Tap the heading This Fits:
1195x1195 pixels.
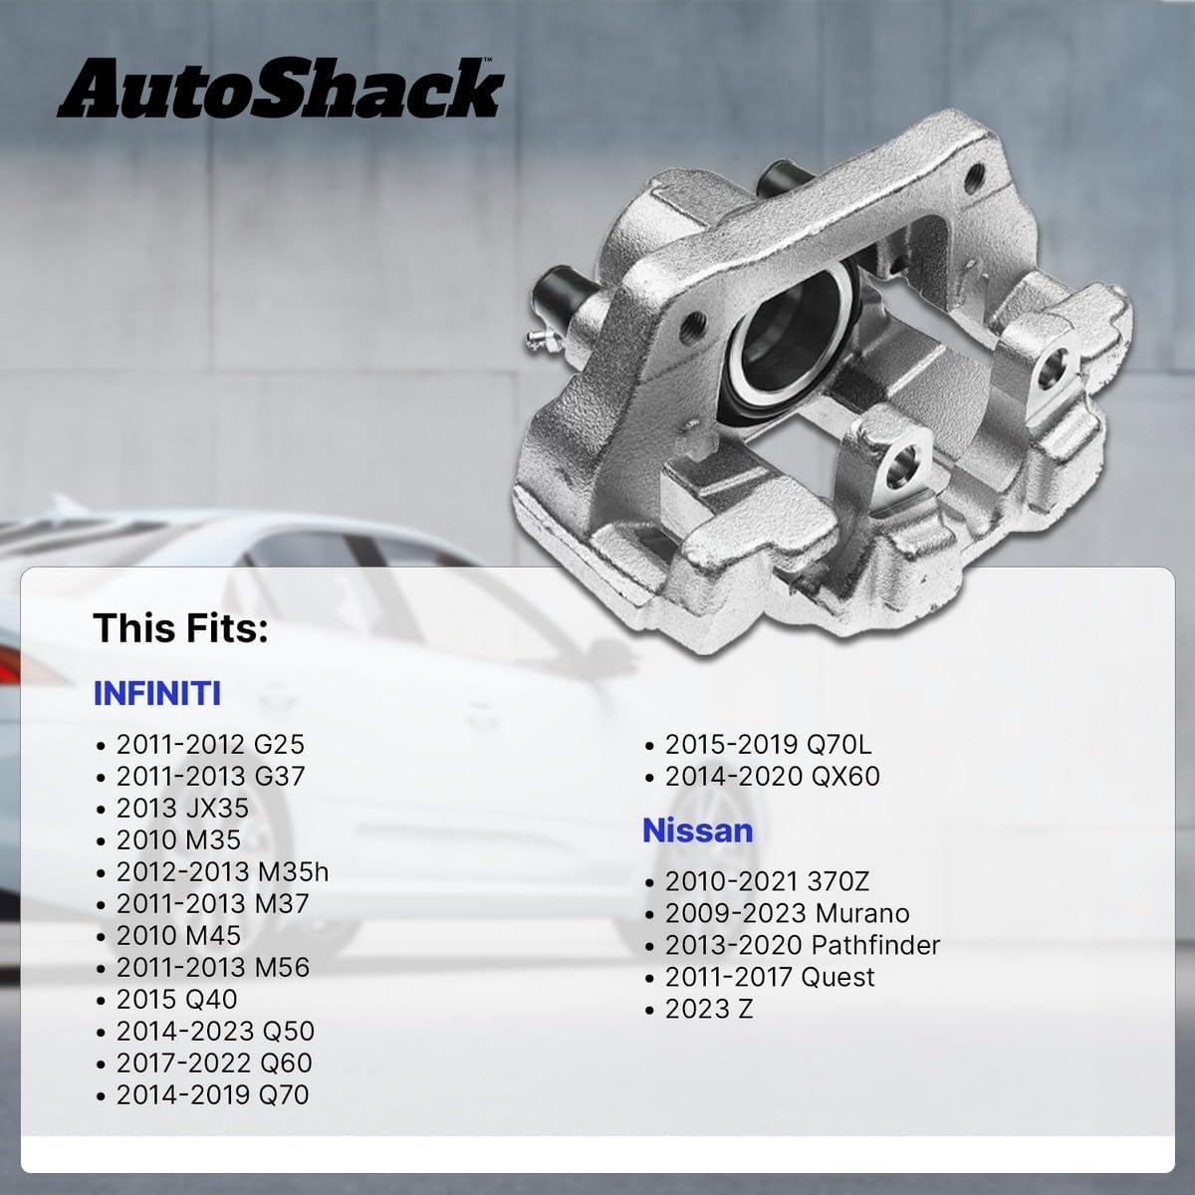[x=180, y=629]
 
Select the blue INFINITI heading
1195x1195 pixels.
[x=156, y=692]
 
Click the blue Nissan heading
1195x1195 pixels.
[x=697, y=830]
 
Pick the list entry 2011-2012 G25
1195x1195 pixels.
[x=209, y=744]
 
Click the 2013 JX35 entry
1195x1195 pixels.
[x=182, y=808]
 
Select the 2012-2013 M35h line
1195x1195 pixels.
[x=222, y=871]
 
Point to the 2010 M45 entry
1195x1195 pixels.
[x=178, y=935]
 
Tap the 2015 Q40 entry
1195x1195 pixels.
[x=177, y=999]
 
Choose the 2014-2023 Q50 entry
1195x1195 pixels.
[x=215, y=1031]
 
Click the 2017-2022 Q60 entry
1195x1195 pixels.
[x=214, y=1063]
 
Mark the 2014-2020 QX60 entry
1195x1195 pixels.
[x=773, y=776]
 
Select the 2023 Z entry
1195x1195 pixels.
[x=709, y=1009]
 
